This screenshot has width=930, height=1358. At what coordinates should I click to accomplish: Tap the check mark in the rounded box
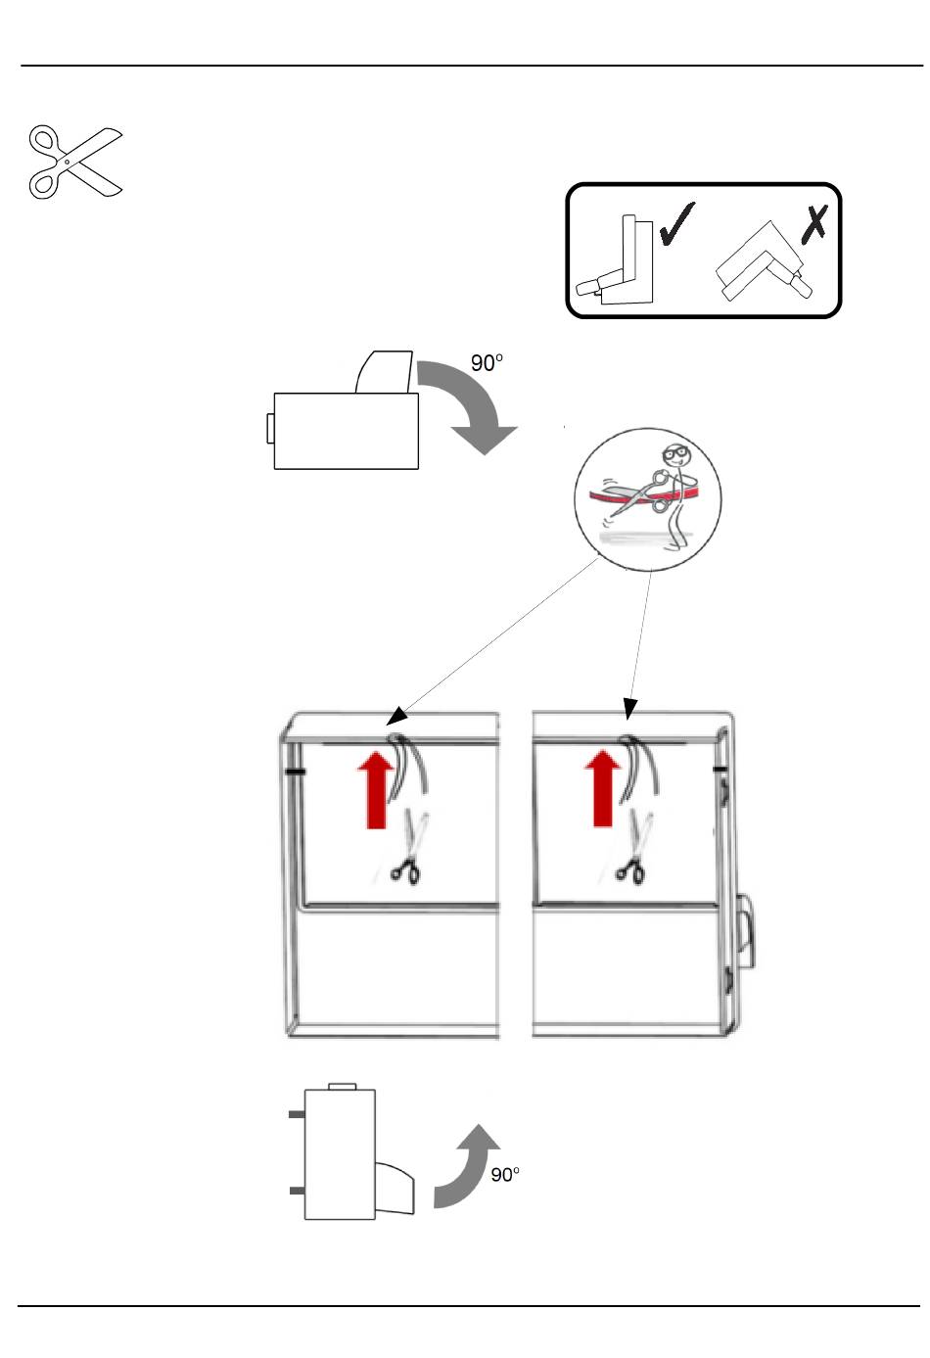[x=677, y=222]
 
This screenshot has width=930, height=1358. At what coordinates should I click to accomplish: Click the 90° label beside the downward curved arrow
[x=488, y=363]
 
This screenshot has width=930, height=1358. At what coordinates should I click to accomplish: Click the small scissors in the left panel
[x=404, y=868]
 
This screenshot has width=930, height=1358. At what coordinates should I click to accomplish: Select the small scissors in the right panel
[x=630, y=868]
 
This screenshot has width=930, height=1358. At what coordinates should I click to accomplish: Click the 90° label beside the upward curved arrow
[x=505, y=1175]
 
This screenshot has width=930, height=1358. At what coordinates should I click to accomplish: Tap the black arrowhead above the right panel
[x=630, y=708]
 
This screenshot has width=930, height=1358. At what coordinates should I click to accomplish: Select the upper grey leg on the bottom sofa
[x=297, y=1114]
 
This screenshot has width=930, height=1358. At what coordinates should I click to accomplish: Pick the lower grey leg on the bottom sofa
[x=297, y=1190]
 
